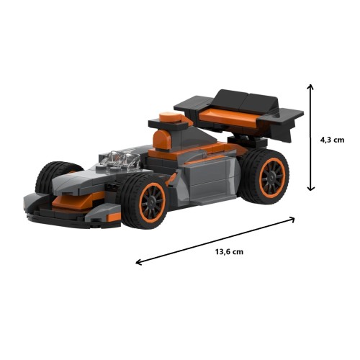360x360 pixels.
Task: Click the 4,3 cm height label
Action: point(332,140)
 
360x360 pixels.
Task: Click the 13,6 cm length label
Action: point(229,252)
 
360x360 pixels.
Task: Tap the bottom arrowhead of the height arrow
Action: point(311,189)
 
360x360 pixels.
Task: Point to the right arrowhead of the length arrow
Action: point(292,219)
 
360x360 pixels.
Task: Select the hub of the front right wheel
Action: point(152,203)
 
